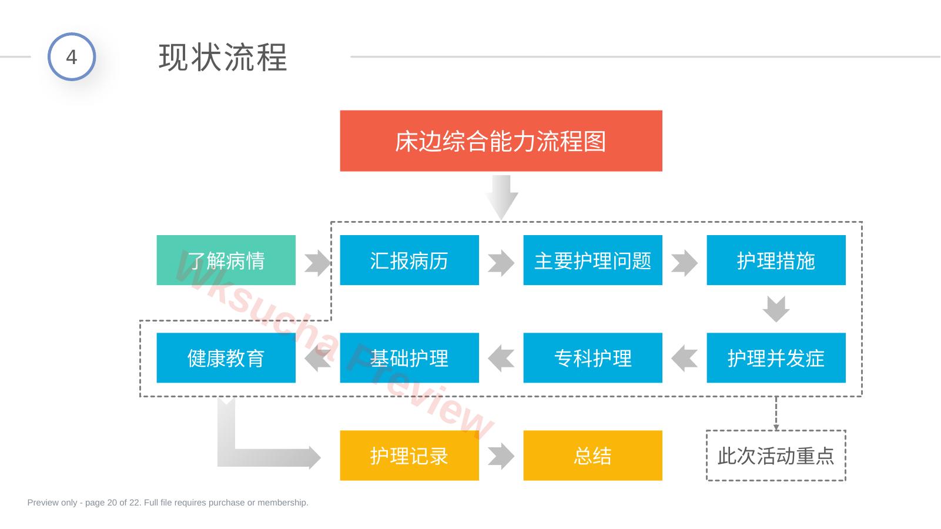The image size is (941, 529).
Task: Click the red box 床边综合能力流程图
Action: (x=501, y=140)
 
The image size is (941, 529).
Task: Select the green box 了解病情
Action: (x=226, y=260)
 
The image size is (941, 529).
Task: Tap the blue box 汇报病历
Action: (x=409, y=260)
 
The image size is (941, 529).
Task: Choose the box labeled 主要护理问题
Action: (x=592, y=260)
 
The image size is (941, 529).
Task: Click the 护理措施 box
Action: (x=776, y=260)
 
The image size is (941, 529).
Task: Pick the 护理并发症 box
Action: (x=776, y=358)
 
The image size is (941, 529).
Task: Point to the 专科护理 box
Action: (x=592, y=358)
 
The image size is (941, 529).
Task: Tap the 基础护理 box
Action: (x=409, y=358)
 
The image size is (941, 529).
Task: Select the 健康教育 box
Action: (x=226, y=358)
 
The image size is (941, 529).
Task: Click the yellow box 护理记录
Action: (x=409, y=456)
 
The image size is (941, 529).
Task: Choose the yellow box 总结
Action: (x=592, y=456)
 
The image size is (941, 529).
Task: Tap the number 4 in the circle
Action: (x=72, y=57)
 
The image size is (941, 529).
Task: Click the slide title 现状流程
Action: (x=223, y=57)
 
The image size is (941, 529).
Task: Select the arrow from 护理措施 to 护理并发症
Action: (x=776, y=309)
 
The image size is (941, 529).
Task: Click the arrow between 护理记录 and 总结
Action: (x=501, y=456)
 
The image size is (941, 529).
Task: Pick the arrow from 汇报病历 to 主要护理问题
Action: (x=501, y=263)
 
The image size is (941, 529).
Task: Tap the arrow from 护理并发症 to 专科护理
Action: (x=684, y=359)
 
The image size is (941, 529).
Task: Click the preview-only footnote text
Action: (x=168, y=503)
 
